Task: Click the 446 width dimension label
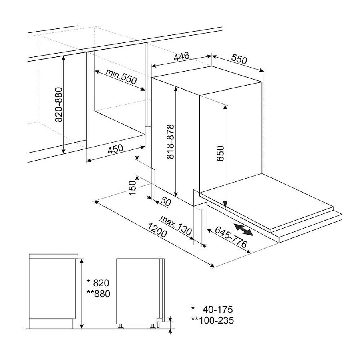181,56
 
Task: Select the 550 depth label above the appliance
239,59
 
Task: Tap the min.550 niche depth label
121,76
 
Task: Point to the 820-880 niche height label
59,105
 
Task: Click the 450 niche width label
115,149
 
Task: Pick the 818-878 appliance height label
170,142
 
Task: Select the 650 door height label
220,154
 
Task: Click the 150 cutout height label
133,188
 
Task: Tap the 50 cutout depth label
166,201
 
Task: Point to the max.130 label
176,225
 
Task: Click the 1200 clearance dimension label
157,230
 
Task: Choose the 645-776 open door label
231,237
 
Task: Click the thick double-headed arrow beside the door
243,229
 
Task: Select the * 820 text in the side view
98,283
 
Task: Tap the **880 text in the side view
99,294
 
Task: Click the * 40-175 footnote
212,310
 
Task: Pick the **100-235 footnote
212,320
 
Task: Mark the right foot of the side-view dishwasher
153,326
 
